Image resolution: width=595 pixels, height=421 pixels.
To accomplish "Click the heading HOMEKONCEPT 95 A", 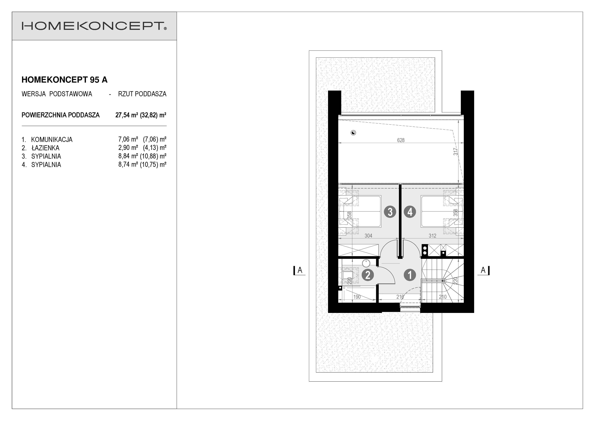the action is [65, 80].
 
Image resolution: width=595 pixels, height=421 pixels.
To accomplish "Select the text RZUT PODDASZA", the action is [142, 94].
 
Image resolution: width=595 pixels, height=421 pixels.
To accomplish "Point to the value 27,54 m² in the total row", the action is [126, 115].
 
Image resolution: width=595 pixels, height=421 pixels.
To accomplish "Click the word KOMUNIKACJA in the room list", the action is [52, 140].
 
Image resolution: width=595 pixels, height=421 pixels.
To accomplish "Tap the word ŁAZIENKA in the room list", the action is [45, 148].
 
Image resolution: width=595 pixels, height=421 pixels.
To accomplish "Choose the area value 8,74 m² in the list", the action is [128, 164].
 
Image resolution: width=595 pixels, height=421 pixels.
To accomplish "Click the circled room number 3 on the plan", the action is [390, 212].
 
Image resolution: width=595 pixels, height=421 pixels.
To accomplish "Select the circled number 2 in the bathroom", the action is [368, 275].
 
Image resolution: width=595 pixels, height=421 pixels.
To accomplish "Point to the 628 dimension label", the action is [401, 140].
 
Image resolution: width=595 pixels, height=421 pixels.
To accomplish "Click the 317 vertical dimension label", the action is [455, 152].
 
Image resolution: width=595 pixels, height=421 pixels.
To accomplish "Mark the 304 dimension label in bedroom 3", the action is [368, 236].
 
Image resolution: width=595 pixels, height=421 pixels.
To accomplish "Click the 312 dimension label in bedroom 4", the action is [432, 236].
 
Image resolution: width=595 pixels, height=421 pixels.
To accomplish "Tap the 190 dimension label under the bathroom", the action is [357, 297].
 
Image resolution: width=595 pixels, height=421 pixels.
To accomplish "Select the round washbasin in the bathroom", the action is [366, 263].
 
